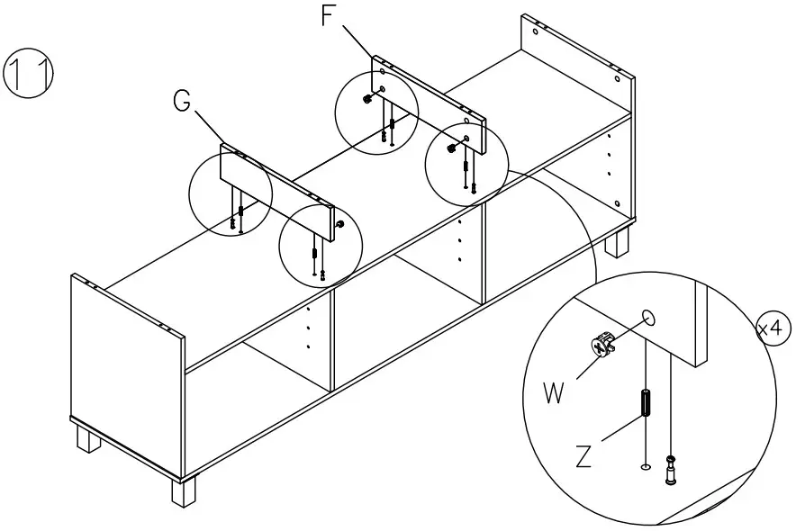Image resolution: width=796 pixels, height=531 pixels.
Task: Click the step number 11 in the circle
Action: [x=29, y=71]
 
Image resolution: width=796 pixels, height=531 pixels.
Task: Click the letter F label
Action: [x=330, y=16]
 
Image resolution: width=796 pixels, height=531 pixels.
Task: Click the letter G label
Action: [x=183, y=102]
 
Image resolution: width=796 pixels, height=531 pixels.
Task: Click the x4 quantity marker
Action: [x=772, y=329]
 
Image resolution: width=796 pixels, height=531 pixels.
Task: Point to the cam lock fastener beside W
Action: [x=602, y=344]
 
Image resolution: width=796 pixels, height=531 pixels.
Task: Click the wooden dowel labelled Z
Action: [x=646, y=403]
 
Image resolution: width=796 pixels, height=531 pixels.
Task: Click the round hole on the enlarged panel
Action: [x=648, y=318]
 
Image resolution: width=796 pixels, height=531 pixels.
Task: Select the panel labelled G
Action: [x=279, y=193]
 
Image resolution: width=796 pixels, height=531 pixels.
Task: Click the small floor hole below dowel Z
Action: [x=645, y=467]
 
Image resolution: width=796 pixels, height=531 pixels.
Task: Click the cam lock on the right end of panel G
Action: [x=339, y=223]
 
